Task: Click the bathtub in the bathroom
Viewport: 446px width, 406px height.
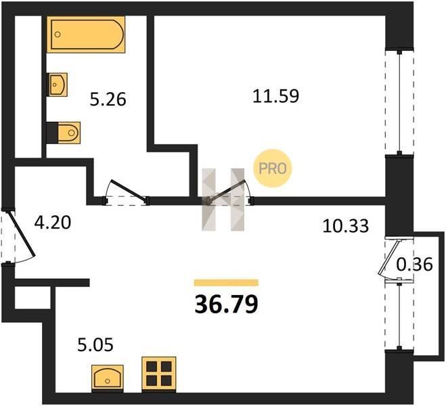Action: (x=86, y=35)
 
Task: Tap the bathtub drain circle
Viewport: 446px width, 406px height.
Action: (x=58, y=35)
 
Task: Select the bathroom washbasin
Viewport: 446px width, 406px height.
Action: (x=58, y=85)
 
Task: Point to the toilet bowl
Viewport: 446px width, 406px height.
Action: (x=69, y=133)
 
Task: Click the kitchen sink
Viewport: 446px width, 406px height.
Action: (x=108, y=377)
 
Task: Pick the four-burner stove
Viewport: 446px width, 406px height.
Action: (x=159, y=373)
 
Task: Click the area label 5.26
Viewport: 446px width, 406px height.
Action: (x=108, y=99)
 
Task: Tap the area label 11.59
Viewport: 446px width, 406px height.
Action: (x=275, y=96)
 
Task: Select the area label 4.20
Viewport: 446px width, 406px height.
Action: (x=52, y=223)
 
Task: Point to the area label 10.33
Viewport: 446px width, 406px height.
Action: (x=346, y=226)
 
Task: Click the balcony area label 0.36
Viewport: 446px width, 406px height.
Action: (x=414, y=265)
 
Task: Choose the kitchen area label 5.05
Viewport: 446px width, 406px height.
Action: (x=95, y=344)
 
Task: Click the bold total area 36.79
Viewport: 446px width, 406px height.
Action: (x=227, y=304)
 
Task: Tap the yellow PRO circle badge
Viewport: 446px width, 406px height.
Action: (x=273, y=168)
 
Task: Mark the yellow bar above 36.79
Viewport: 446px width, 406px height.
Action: (x=226, y=283)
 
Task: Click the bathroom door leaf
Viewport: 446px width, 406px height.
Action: (x=129, y=191)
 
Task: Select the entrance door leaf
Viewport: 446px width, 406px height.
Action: (x=22, y=233)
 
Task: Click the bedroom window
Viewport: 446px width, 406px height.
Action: (x=399, y=103)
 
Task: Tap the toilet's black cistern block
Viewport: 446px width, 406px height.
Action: (x=52, y=133)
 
